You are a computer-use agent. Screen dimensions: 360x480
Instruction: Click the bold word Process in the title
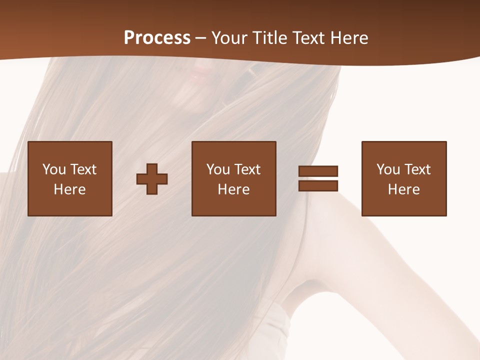point(157,38)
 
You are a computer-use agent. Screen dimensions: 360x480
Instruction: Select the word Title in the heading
point(270,38)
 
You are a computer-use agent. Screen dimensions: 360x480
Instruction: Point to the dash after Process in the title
point(201,38)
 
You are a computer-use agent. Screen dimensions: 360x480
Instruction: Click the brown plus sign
point(152,178)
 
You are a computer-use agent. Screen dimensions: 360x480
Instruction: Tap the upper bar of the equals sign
point(318,171)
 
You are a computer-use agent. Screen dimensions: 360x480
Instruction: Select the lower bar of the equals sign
point(318,185)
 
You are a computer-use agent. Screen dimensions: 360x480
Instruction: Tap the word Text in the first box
point(82,169)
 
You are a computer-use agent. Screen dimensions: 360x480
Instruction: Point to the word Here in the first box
point(70,189)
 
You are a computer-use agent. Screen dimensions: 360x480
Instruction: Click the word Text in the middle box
point(246,169)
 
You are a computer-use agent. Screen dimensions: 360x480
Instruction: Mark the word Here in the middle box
point(234,189)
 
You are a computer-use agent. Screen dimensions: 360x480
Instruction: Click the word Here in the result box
point(404,189)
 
